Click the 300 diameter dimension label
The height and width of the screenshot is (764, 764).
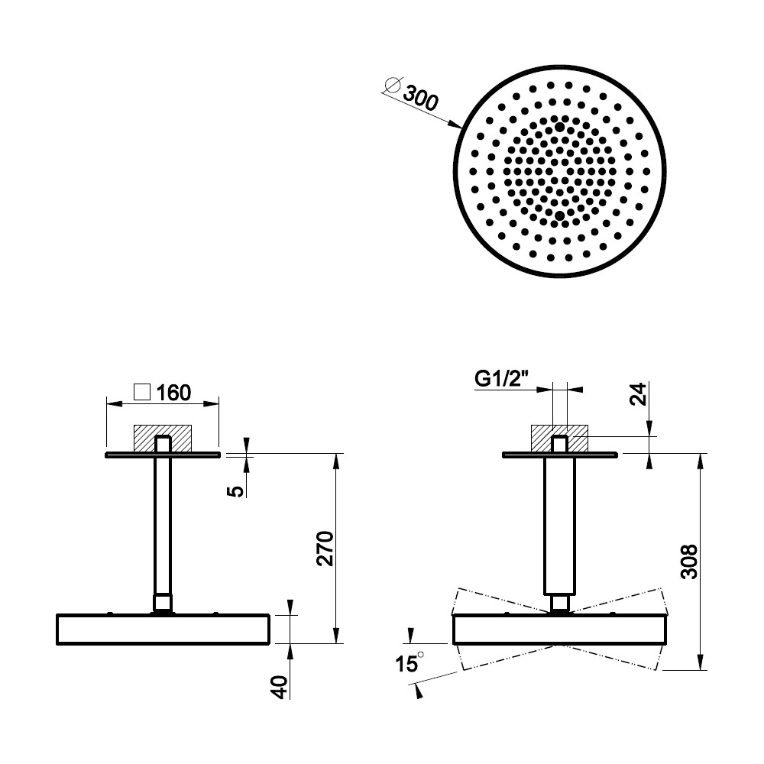coord(421,99)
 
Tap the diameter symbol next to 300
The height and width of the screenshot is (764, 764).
coord(392,86)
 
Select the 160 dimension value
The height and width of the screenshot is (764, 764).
coord(174,393)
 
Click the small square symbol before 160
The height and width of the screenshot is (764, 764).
coord(142,392)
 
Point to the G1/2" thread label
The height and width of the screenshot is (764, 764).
coord(502,379)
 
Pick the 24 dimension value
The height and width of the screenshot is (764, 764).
coord(638,394)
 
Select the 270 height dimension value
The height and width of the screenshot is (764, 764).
coord(325,549)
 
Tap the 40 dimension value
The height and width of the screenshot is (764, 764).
coord(280,687)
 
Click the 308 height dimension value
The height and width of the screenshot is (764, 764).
coord(689,562)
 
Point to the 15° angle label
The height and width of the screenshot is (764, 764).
coord(410,663)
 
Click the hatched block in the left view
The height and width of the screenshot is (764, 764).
coord(163,439)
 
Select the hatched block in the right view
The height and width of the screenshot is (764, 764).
coord(559,439)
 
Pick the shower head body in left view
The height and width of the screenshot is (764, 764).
coord(163,630)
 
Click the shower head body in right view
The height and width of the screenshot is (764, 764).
coord(560,630)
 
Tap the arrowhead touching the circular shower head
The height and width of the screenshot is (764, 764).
coord(456,125)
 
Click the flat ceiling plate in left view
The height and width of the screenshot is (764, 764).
coord(163,455)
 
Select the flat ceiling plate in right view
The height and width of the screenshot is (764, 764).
coord(560,455)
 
